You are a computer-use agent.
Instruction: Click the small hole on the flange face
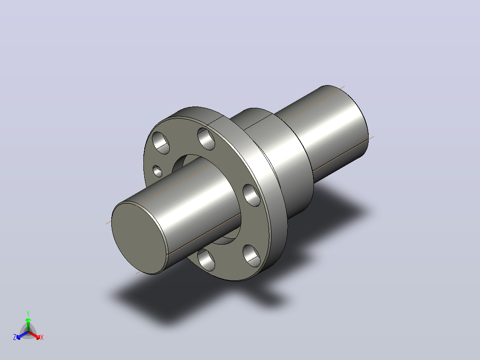coord(157,171)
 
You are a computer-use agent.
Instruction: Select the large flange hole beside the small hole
coord(161,143)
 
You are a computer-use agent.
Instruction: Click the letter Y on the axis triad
coord(28,313)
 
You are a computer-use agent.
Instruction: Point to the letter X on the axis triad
coord(42,337)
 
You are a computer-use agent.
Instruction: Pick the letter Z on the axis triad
coord(15,337)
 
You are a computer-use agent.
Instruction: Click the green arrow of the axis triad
coord(28,325)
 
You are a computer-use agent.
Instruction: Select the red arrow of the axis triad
coord(35,335)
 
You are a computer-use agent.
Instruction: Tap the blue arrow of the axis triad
coord(22,335)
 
